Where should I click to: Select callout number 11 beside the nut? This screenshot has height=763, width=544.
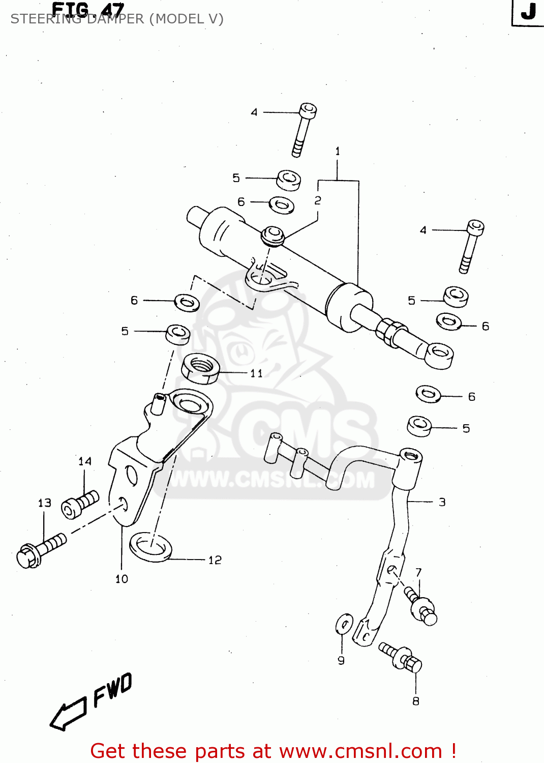click(256, 374)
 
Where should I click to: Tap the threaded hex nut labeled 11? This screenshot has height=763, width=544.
click(200, 369)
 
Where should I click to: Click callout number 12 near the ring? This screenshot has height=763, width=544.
click(215, 560)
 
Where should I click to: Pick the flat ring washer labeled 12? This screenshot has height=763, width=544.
click(151, 547)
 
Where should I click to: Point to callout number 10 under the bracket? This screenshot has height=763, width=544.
click(122, 579)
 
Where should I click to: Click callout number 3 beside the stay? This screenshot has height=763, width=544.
click(442, 502)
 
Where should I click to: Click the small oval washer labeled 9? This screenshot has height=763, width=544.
click(344, 624)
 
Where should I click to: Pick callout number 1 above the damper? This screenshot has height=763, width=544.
click(338, 151)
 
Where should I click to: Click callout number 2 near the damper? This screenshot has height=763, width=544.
click(318, 200)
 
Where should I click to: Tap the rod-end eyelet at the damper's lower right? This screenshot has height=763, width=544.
click(439, 354)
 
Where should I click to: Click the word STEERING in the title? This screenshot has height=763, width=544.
click(45, 19)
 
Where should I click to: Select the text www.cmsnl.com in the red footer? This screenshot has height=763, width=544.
click(360, 751)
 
